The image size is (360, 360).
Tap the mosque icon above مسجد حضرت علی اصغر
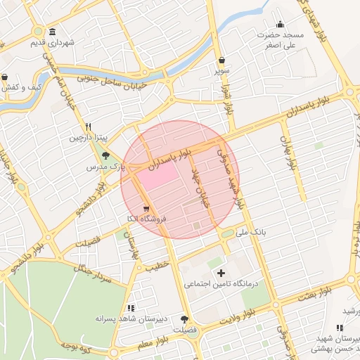coord(280,25)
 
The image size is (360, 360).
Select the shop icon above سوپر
coord(222,60)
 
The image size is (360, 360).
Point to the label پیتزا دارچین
coord(84,138)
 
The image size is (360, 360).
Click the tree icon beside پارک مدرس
coord(106,156)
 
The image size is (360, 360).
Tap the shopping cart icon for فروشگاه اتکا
coord(146,209)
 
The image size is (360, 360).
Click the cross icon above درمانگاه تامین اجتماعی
coord(221,272)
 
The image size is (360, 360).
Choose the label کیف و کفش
coord(24,87)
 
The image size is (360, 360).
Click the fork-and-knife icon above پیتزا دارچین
coord(88,127)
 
